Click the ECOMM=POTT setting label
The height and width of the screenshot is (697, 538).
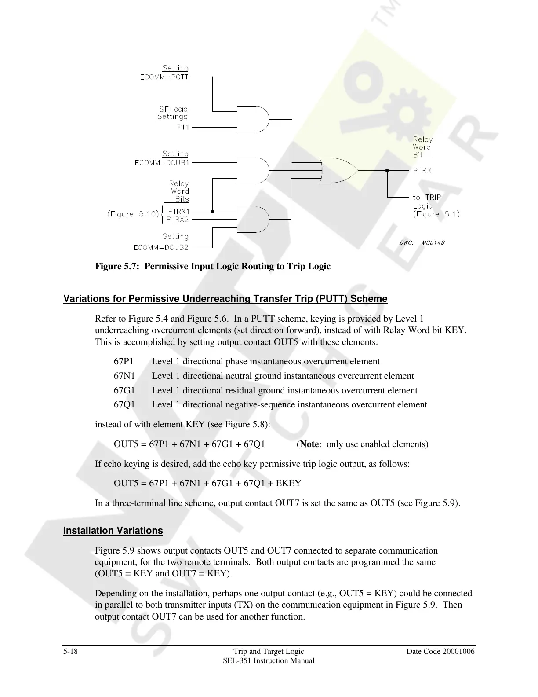[164, 77]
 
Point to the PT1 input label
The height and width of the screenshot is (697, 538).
[182, 127]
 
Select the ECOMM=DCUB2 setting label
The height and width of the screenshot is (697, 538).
[161, 247]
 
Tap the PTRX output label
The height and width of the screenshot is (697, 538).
[422, 170]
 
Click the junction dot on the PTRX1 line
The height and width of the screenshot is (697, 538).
[212, 211]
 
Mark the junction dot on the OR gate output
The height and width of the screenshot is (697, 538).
[387, 170]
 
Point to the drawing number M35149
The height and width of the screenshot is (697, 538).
[433, 242]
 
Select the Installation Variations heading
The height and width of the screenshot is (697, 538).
[113, 531]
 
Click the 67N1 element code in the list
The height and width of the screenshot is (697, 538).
[124, 376]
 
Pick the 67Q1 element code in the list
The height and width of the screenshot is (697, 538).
[124, 404]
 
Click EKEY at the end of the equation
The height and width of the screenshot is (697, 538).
[288, 483]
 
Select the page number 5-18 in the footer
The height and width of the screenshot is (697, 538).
[71, 651]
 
